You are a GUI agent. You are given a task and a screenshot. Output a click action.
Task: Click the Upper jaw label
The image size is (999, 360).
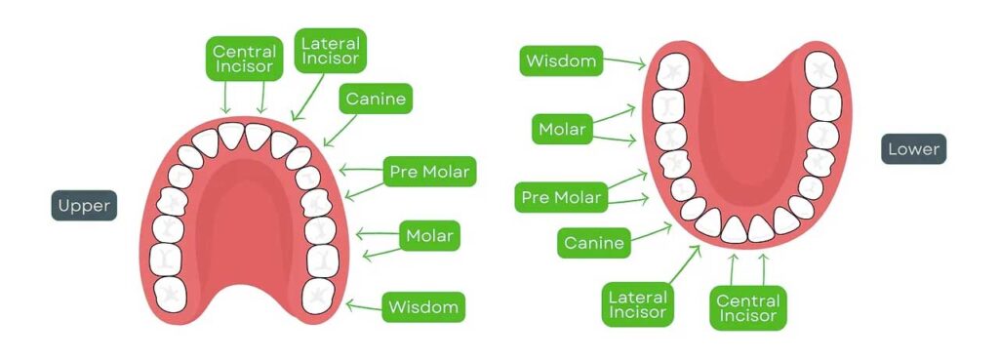[84, 206]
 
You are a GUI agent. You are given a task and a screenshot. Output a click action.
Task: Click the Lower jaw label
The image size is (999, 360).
[914, 149]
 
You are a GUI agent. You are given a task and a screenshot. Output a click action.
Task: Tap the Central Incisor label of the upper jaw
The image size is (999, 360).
[243, 59]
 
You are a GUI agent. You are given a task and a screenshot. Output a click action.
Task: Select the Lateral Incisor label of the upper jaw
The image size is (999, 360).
[330, 51]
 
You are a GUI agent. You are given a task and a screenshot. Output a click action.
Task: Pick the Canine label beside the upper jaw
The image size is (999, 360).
[375, 99]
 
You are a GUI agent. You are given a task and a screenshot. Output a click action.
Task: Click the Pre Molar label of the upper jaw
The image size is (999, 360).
[429, 174]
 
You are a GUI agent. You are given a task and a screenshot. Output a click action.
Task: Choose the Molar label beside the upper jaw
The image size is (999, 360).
[429, 235]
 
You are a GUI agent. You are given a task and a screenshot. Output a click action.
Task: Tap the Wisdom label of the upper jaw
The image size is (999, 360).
[422, 307]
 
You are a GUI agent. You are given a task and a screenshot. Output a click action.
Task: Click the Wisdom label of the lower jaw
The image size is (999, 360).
[561, 61]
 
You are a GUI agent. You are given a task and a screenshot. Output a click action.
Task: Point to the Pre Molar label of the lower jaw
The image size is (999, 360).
[561, 198]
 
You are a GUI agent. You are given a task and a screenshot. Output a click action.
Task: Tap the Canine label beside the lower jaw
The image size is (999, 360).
[594, 243]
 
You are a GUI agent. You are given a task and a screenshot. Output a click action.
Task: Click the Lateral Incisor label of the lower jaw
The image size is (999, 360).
[637, 305]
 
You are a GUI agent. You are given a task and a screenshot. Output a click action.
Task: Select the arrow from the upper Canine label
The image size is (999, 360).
[340, 127]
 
